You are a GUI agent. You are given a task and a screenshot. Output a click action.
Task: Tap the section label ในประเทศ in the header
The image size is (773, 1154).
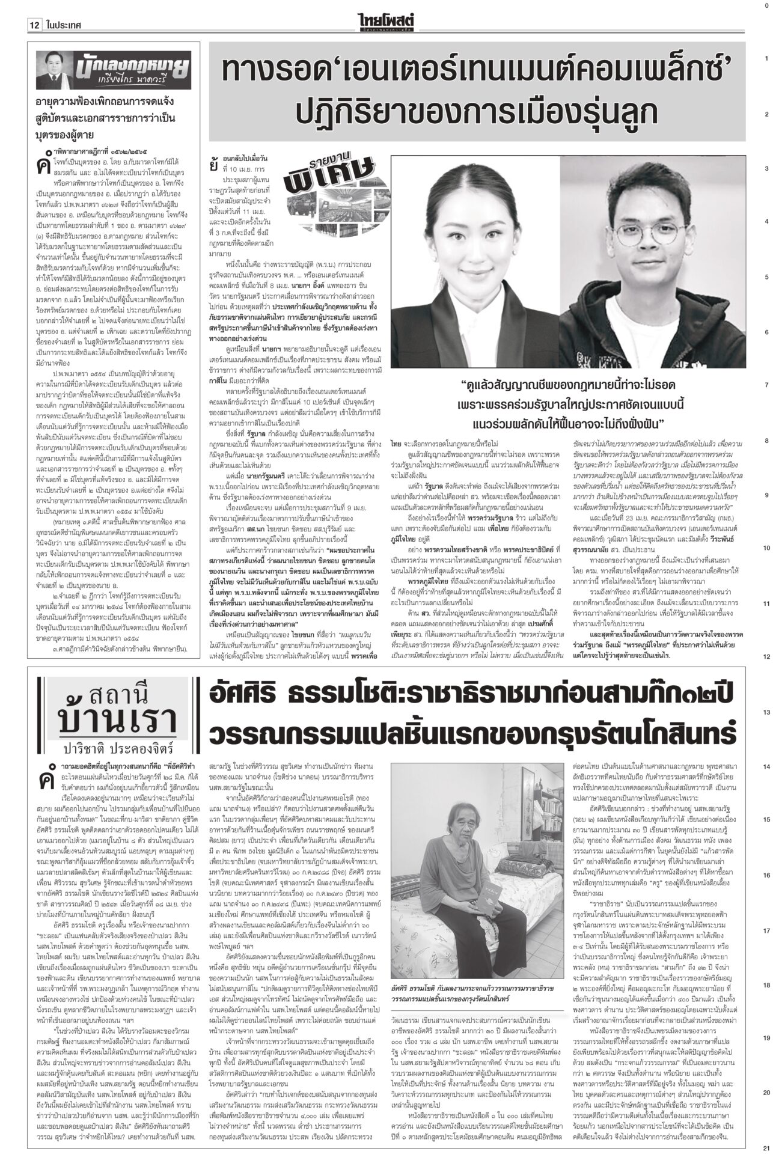[62, 8]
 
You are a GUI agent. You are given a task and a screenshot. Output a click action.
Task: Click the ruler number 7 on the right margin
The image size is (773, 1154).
[766, 385]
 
